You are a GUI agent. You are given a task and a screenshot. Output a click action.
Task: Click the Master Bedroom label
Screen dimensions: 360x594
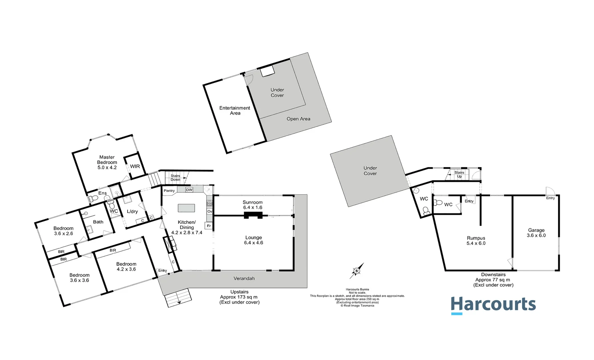coord(107,162)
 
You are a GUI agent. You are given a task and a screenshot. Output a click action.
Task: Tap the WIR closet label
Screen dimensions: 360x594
coord(135,166)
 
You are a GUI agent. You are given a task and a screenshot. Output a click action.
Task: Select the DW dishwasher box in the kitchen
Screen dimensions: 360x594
coord(189,190)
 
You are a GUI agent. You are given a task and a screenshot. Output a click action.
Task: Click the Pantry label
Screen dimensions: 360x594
coord(169,191)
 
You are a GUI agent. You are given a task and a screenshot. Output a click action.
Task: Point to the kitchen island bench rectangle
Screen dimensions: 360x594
coord(186,208)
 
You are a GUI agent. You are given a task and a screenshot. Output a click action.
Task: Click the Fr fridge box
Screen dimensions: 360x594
coord(209,226)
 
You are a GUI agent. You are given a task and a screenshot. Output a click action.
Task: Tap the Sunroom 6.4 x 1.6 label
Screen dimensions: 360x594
coord(253,205)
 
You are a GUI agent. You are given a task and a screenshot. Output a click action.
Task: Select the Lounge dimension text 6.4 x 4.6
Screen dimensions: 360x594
coord(254,243)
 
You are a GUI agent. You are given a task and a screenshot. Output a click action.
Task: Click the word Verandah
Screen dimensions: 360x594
coord(244,278)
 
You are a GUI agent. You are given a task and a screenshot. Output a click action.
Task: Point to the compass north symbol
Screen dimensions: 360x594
coord(357,271)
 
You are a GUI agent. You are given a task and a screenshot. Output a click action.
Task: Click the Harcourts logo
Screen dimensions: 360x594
coord(493,305)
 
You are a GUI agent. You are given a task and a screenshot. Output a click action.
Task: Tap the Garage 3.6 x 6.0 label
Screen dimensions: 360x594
coord(536,233)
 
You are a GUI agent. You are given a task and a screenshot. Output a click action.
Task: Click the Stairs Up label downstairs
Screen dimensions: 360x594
coord(459,174)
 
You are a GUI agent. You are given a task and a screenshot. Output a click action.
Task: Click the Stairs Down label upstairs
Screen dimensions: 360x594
coord(175,178)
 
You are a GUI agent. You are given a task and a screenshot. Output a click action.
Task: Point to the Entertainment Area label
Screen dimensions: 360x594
coord(235,110)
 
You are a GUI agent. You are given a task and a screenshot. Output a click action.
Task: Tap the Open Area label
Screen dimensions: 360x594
coord(298,119)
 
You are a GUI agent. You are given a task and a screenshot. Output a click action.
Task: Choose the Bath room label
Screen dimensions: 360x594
coord(98,222)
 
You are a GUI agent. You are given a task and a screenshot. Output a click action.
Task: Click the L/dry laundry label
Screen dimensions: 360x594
coord(132,211)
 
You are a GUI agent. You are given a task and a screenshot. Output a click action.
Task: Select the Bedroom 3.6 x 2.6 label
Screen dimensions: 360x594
coord(63,231)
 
